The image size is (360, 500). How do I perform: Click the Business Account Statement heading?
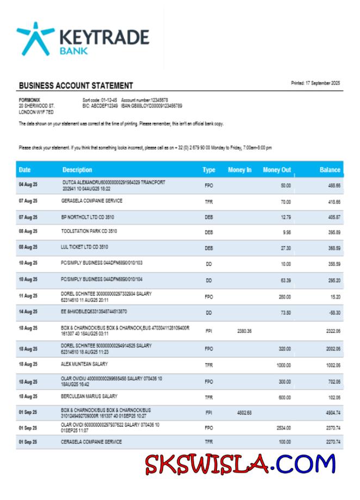point(76,86)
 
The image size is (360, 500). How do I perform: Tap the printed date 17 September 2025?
point(315,83)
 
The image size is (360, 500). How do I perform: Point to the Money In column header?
point(239,170)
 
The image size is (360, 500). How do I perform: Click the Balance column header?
point(330,170)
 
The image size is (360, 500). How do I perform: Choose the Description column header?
point(77,170)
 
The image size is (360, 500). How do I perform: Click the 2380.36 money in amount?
point(245,331)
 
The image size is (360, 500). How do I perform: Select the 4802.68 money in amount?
point(245,413)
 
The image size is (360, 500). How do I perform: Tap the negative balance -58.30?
point(334,312)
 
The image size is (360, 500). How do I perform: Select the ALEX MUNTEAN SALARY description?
point(84,363)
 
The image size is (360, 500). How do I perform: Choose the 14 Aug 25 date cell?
point(28,312)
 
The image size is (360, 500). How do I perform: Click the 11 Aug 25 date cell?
point(28,296)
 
